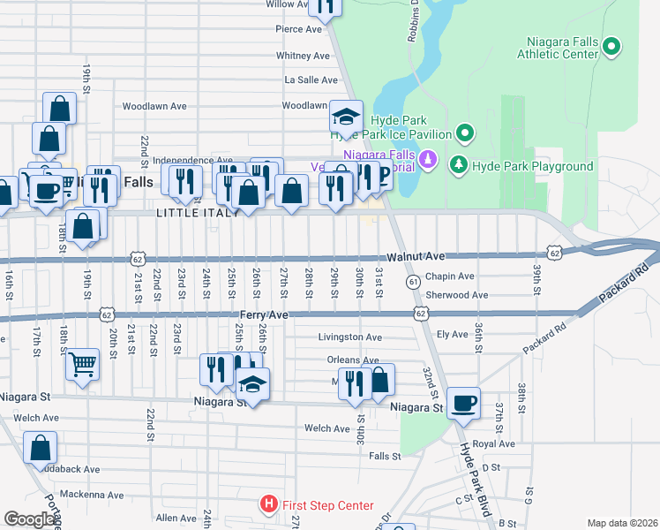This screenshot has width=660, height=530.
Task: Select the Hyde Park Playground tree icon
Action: pos(458,165)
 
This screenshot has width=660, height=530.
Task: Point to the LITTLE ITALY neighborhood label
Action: pos(199,213)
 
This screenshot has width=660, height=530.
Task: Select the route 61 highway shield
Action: pos(413,281)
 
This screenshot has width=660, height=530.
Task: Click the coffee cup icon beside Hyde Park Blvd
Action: pos(463,405)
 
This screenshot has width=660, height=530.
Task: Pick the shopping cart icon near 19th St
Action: pos(82,361)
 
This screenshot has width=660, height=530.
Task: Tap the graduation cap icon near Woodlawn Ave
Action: pos(346,117)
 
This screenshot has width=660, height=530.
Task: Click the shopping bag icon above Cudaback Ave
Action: pos(40,448)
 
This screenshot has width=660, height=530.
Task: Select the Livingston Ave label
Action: pos(350,337)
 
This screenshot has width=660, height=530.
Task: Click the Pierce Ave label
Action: pos(299,29)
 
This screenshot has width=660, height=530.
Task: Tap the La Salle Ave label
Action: pos(306,79)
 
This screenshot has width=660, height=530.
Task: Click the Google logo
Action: pos(30,519)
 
